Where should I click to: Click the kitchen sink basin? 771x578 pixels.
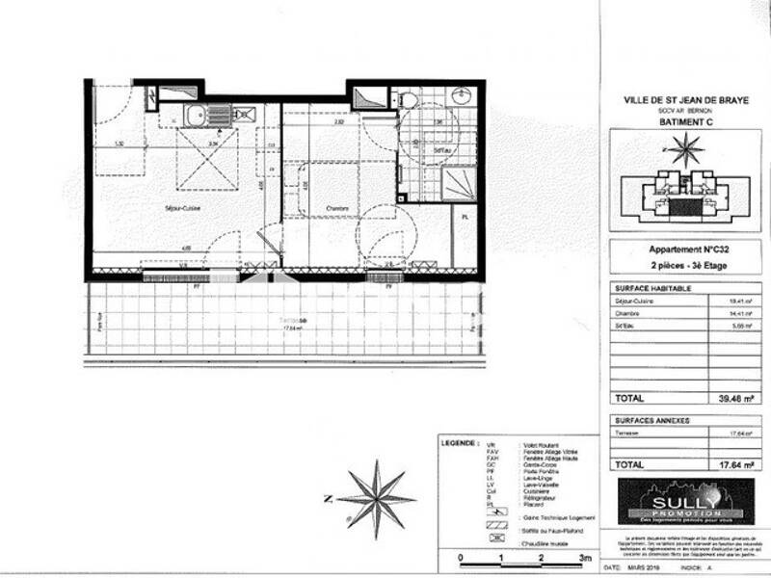coord(196,116)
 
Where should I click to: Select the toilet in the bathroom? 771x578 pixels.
coord(409,100)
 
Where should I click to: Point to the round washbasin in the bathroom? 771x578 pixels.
coord(461,97)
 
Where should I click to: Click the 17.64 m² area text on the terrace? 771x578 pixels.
coord(292,328)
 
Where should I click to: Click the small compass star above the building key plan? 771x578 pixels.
coord(685,148)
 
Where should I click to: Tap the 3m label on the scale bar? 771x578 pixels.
coord(584,558)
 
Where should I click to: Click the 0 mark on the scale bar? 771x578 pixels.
coord(461,558)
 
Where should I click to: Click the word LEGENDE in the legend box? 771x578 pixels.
coord(458,445)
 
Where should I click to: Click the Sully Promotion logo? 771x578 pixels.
coord(685,499)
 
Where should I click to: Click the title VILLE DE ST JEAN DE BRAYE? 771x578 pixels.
coord(685,99)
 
